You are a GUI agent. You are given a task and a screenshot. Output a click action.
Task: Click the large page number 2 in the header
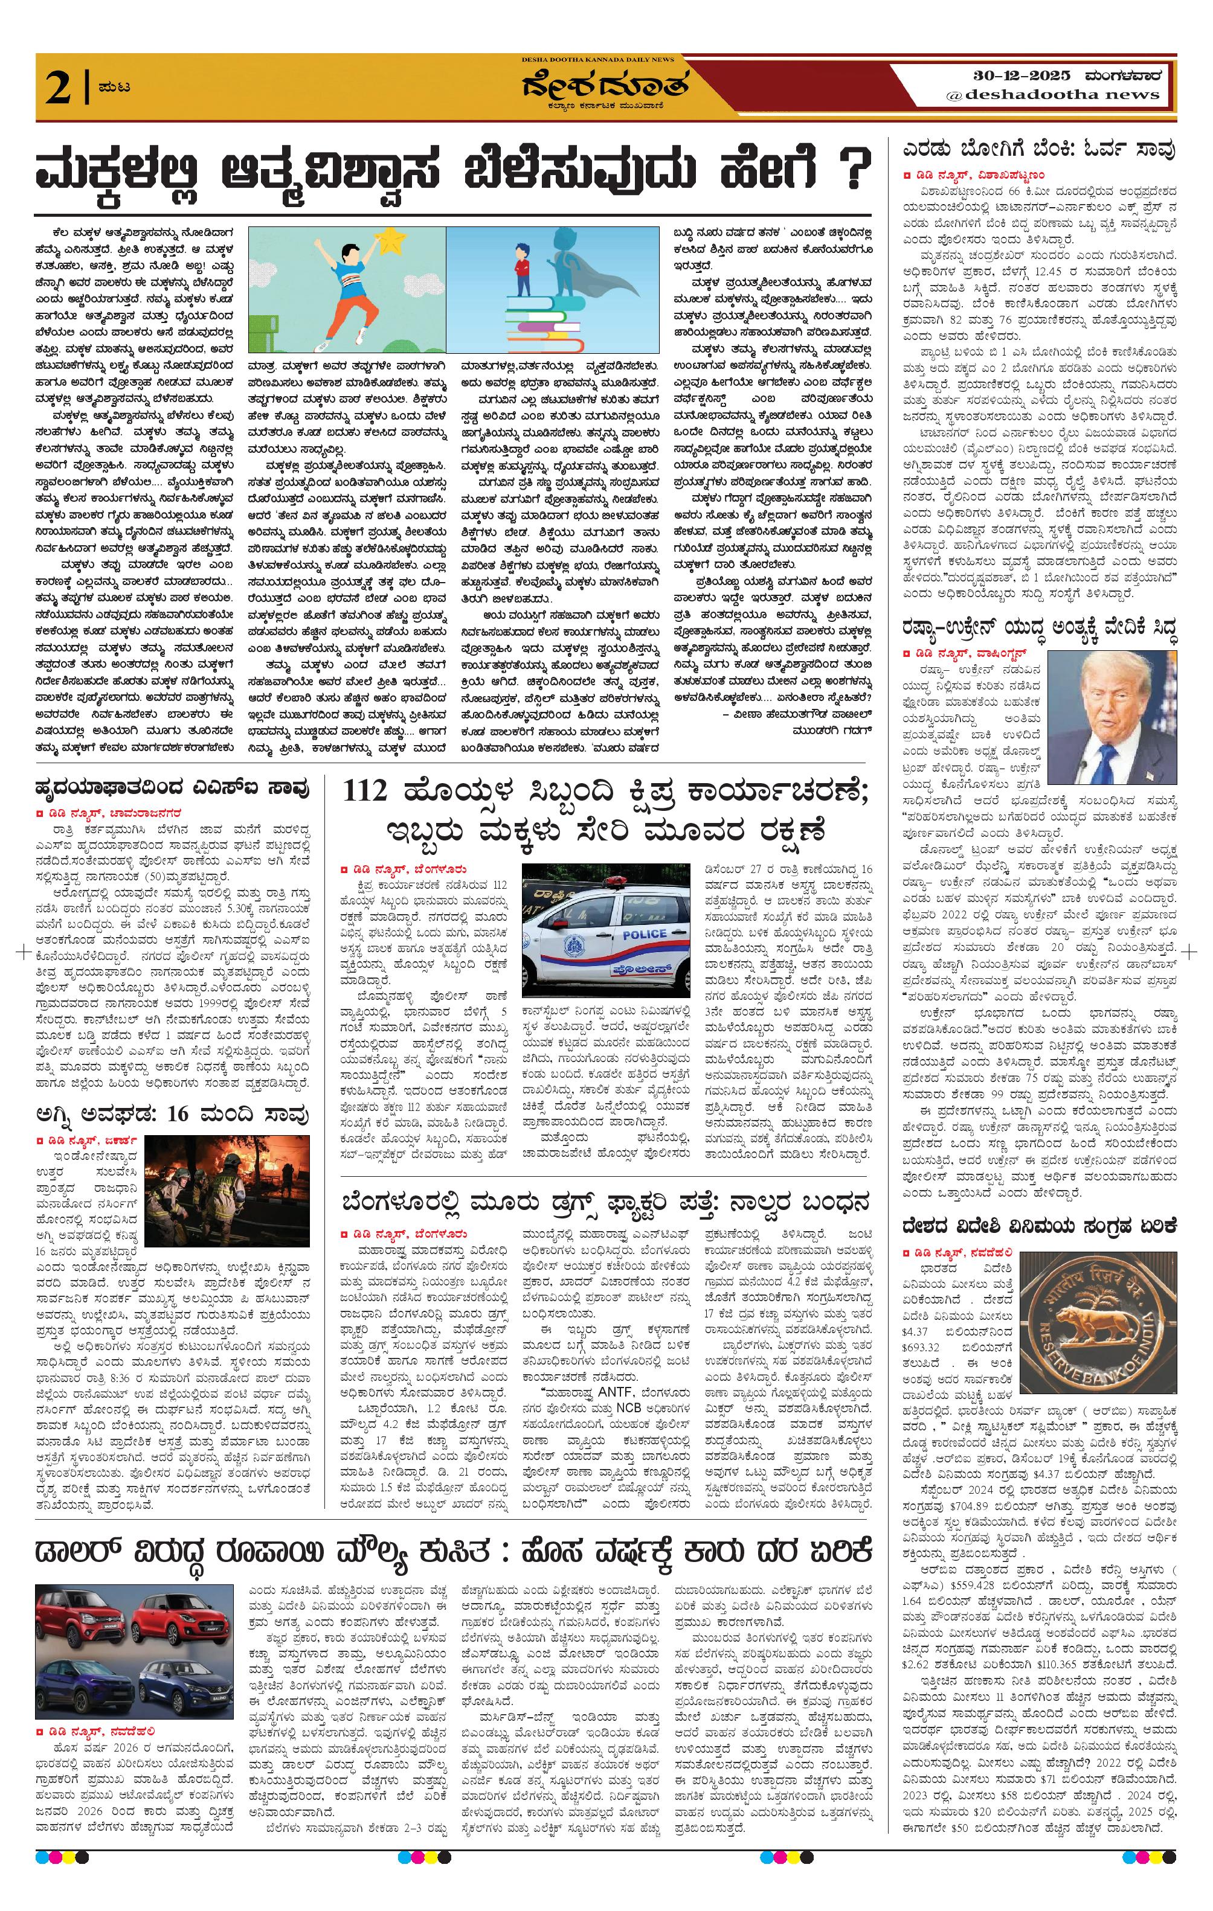pos(60,88)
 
